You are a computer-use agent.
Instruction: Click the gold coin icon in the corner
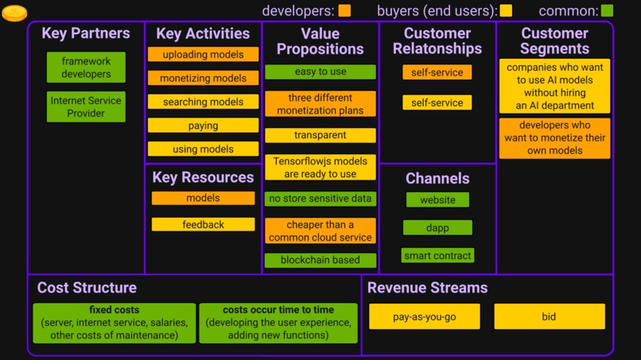[14, 13]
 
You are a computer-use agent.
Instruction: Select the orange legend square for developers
[344, 11]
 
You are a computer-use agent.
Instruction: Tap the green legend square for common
[607, 11]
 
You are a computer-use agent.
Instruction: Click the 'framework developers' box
[86, 68]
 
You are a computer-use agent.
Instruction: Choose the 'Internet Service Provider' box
[86, 107]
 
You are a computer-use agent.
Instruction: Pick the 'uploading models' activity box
[203, 55]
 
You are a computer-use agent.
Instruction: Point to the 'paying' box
[203, 126]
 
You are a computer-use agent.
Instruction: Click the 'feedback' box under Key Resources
[203, 225]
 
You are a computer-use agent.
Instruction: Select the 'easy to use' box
[320, 72]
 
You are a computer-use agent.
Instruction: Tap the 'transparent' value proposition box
[320, 135]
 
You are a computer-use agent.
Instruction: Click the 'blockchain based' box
[320, 260]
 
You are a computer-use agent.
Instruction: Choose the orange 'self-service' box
[437, 72]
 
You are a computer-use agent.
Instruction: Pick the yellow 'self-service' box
[437, 103]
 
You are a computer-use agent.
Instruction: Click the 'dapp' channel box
[437, 228]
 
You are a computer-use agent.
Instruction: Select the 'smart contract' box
[437, 256]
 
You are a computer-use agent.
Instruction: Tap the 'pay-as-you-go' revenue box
[425, 316]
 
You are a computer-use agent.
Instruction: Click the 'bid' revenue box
[549, 316]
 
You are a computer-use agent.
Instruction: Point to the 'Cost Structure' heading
[87, 288]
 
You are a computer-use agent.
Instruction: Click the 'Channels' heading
[437, 179]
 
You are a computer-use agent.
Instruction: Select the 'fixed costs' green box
[115, 323]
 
